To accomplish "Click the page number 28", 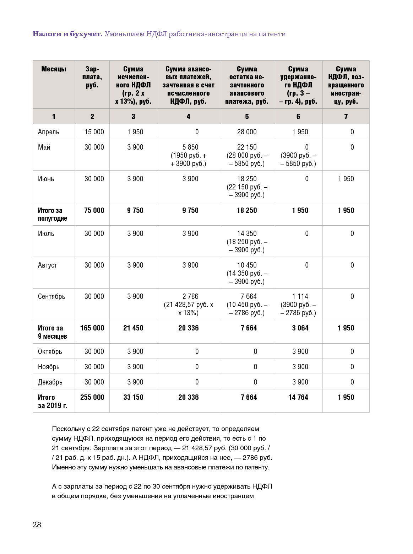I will [x=37, y=525].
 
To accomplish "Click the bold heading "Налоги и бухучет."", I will [x=67, y=34].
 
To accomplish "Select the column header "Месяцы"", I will [x=54, y=69].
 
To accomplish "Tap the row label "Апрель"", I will [x=49, y=132].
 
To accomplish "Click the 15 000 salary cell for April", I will [x=94, y=132].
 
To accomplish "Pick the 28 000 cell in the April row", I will [x=247, y=132].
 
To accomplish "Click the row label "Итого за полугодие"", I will [x=53, y=214].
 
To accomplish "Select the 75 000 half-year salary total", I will [x=94, y=210].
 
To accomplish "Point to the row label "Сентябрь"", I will [x=51, y=296].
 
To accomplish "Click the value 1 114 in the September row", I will [x=300, y=296].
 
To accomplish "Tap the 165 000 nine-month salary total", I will [x=92, y=328].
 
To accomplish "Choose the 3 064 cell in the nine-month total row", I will [x=300, y=328].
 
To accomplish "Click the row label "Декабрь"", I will [x=50, y=382].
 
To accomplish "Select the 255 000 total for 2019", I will [x=92, y=397].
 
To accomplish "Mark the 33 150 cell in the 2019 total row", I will [x=133, y=397].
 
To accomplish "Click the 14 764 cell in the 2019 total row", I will [x=298, y=397].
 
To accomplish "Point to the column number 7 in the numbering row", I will [x=346, y=117].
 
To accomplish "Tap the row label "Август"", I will [x=48, y=265].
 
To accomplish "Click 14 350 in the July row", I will [x=247, y=233].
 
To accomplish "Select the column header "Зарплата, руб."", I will [x=92, y=77].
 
